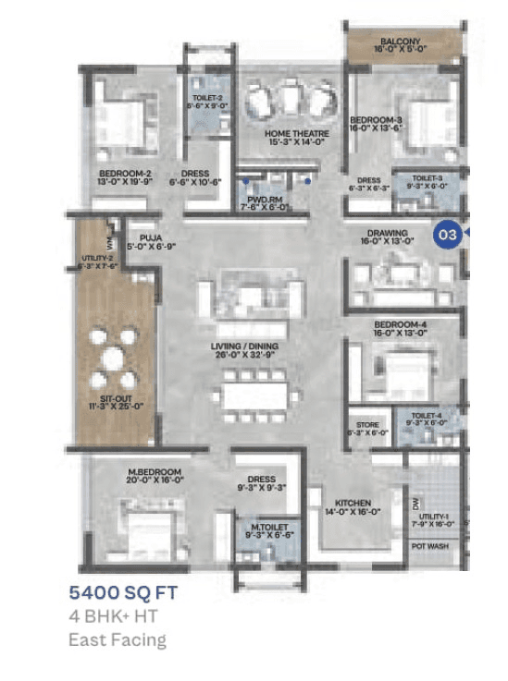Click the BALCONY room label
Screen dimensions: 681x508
[400, 43]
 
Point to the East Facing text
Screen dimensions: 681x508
[118, 638]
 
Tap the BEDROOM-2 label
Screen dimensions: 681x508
[125, 173]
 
